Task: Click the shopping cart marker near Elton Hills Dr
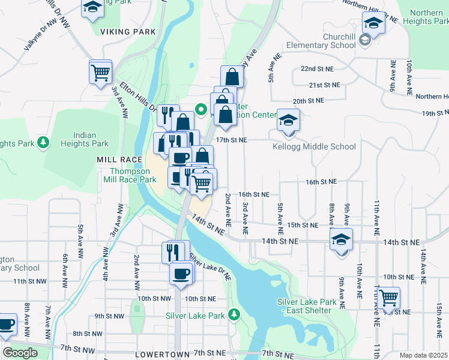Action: [100, 72]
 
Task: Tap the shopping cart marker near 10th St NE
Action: [388, 296]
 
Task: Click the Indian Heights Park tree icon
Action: [43, 142]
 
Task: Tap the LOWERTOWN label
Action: [161, 354]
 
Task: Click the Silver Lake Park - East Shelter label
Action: [304, 306]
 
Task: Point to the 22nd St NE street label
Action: [316, 69]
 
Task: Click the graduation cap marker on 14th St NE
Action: [341, 240]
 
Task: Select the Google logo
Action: [20, 353]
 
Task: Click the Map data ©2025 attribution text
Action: [424, 355]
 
